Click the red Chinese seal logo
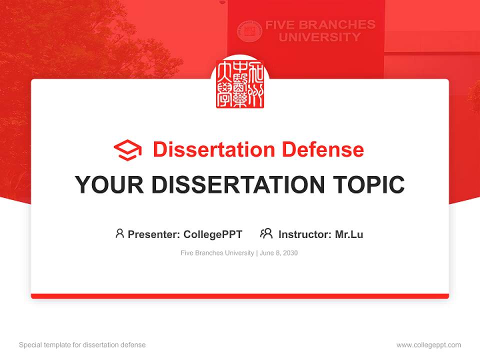click(x=240, y=84)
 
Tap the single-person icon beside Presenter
click(x=119, y=233)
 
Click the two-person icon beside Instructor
click(x=266, y=233)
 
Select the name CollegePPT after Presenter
click(x=213, y=234)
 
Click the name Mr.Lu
click(x=349, y=234)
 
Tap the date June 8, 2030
click(x=278, y=253)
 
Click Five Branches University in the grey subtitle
click(x=217, y=253)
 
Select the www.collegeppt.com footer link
click(x=428, y=345)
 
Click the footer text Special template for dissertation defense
click(x=82, y=345)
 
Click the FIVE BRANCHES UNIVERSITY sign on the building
click(x=320, y=31)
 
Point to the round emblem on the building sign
click(x=249, y=31)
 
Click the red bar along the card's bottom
click(x=240, y=296)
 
